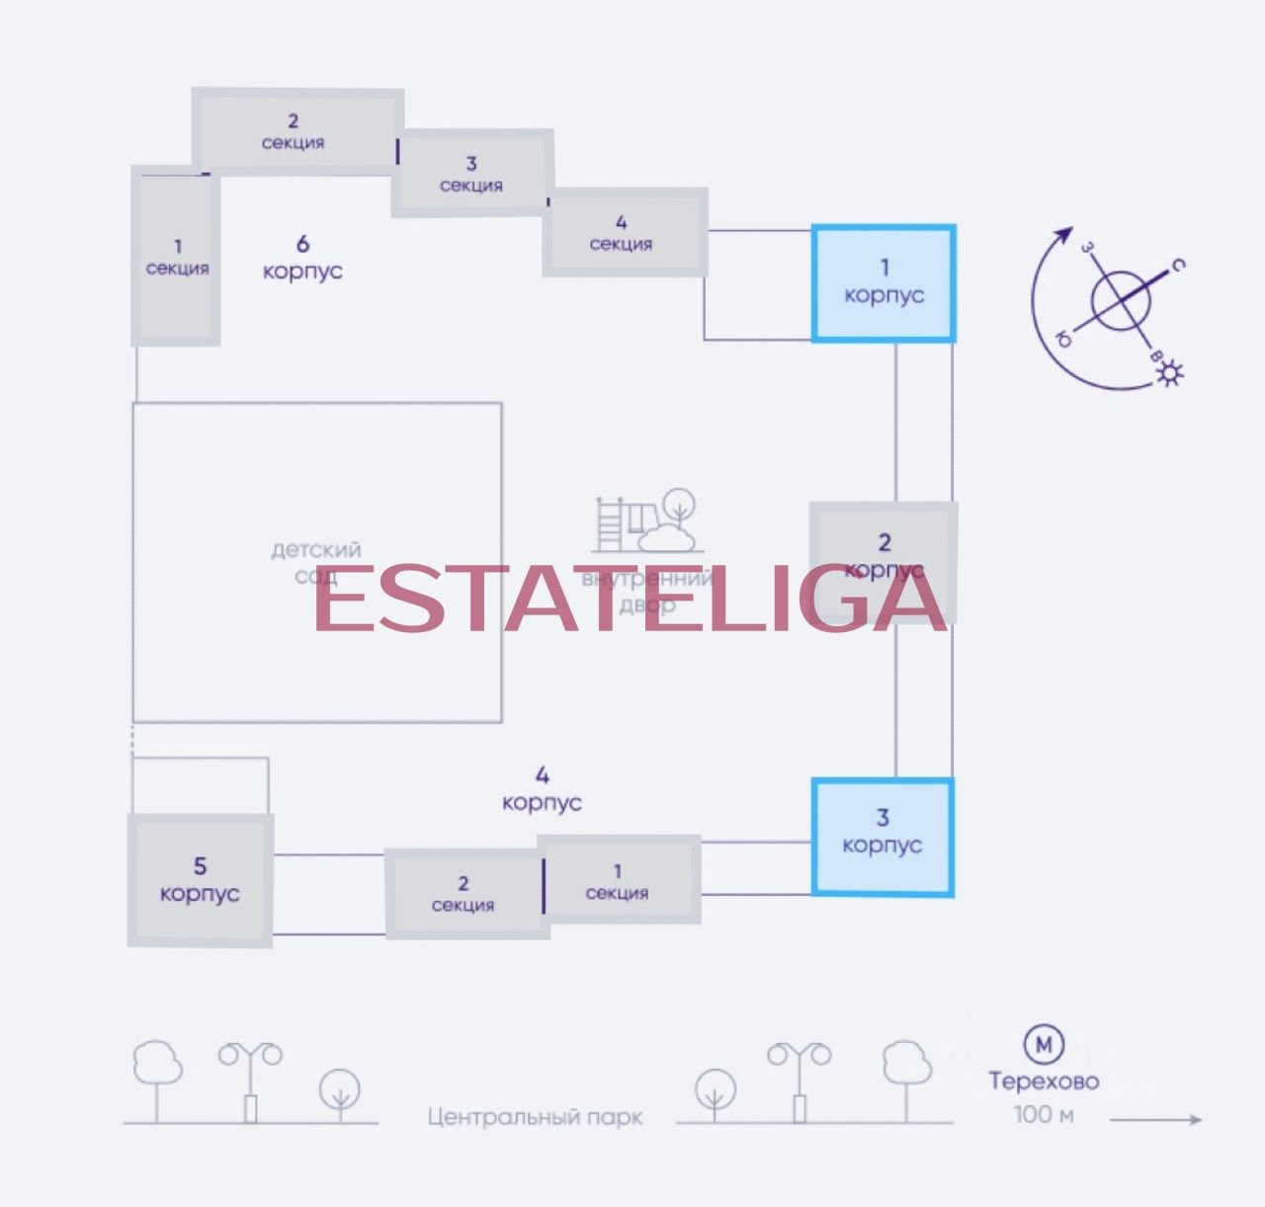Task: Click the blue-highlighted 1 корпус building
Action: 884,283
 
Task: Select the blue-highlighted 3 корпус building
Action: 882,837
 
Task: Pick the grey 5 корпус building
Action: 200,880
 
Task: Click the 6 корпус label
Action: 302,258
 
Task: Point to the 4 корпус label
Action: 542,789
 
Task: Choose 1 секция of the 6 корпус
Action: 177,257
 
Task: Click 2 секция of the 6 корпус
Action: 294,131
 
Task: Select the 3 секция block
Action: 470,174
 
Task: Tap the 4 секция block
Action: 622,233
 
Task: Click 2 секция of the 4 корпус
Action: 464,894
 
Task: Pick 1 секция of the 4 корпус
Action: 618,882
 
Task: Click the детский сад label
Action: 316,562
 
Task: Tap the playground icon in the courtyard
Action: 648,521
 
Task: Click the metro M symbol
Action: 1044,1043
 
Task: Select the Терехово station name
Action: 1044,1082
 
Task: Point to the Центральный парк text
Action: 535,1117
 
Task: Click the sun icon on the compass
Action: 1171,372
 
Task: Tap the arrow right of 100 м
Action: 1156,1120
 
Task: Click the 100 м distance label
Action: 1044,1115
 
